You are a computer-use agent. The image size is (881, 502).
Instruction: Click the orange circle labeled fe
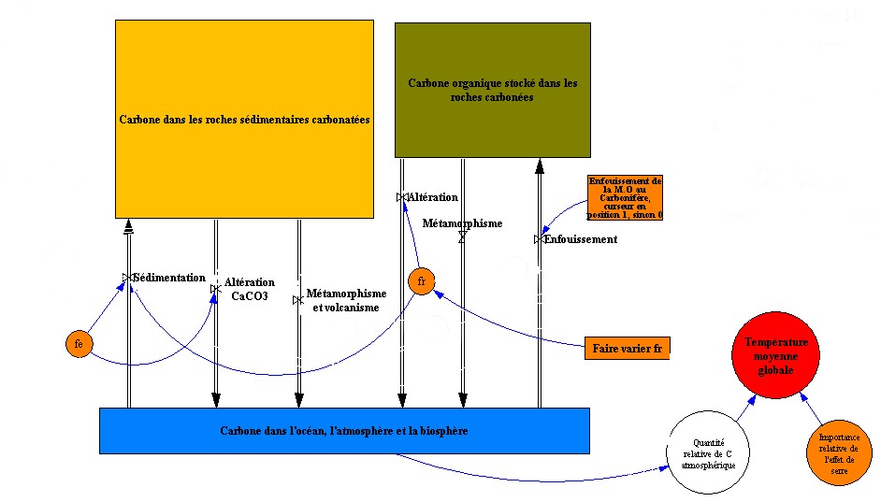(x=79, y=344)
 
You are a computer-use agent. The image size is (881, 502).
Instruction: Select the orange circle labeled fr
(x=422, y=280)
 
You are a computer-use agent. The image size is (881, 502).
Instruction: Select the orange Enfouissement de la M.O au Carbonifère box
(x=625, y=197)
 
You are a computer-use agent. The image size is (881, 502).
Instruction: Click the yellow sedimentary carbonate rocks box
(x=244, y=120)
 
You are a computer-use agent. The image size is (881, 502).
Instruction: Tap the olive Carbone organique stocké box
(x=492, y=90)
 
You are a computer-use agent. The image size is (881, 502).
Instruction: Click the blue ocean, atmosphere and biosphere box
(x=343, y=431)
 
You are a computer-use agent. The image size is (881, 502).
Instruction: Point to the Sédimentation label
(x=168, y=278)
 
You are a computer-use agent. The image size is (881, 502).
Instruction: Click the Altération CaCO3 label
(x=250, y=289)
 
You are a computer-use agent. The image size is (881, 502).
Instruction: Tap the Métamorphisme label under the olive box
(x=462, y=223)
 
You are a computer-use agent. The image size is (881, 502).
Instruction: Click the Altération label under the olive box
(x=432, y=197)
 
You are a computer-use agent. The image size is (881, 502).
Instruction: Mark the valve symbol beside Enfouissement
(x=539, y=239)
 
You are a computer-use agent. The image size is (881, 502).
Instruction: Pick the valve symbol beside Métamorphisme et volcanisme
(x=297, y=300)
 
